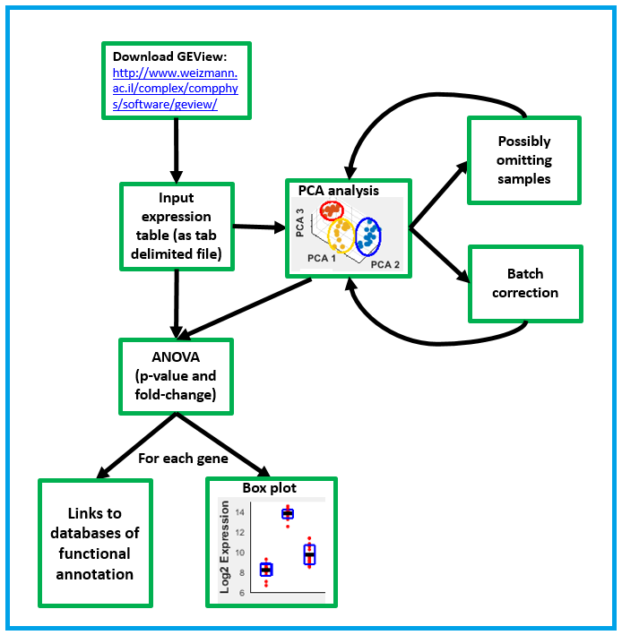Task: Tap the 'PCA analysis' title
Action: [x=339, y=190]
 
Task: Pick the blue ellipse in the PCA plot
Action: [x=367, y=235]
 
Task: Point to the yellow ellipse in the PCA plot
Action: [x=341, y=236]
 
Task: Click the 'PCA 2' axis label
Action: [x=385, y=265]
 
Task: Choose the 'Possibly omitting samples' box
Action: [x=524, y=160]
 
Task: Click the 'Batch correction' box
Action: [x=525, y=283]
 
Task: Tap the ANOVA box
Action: [x=177, y=376]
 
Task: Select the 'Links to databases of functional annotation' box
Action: [x=95, y=542]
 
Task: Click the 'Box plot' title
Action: [x=271, y=488]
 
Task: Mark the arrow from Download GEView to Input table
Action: [x=176, y=149]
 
